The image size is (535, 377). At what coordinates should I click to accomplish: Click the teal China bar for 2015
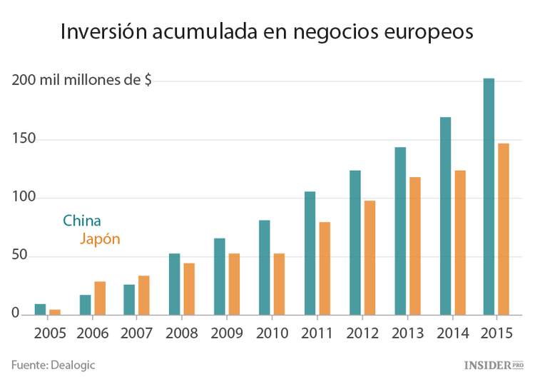[x=489, y=196]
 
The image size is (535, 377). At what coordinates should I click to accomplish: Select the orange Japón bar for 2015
[x=504, y=228]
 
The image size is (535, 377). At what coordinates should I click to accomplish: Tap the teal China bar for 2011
[x=310, y=253]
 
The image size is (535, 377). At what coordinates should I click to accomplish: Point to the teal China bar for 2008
[x=174, y=283]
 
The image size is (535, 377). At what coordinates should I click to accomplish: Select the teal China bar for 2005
[x=40, y=309]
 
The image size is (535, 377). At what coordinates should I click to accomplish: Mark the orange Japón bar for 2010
[x=280, y=283]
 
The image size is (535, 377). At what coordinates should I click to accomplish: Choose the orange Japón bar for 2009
[x=234, y=283]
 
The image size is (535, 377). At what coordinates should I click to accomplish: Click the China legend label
[x=82, y=221]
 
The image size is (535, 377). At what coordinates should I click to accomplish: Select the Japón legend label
[x=100, y=239]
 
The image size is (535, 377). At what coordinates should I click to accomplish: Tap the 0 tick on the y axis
[x=15, y=313]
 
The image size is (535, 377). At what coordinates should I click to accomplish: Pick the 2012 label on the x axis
[x=362, y=333]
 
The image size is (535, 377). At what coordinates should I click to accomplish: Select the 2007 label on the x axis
[x=138, y=333]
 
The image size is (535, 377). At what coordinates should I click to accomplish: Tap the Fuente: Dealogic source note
[x=53, y=364]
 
